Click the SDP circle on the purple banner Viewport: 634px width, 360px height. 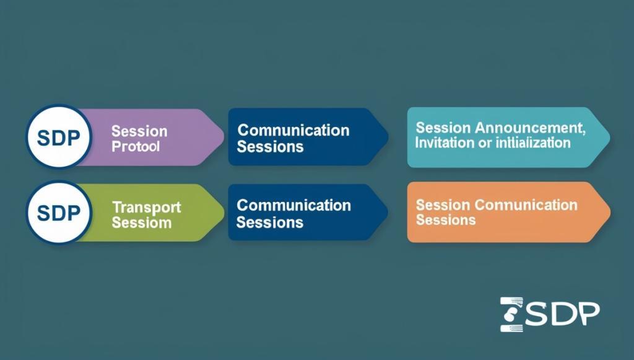59,137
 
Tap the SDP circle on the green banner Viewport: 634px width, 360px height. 59,213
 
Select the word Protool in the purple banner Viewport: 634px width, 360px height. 136,147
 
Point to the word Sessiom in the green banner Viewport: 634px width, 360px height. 141,222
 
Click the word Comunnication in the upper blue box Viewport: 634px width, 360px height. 293,130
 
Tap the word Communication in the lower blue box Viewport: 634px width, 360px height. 293,205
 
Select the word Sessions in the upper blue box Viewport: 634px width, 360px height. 270,147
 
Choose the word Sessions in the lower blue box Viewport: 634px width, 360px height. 270,222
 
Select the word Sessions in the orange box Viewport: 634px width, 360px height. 446,220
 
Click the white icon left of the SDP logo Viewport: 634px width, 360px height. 512,314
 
